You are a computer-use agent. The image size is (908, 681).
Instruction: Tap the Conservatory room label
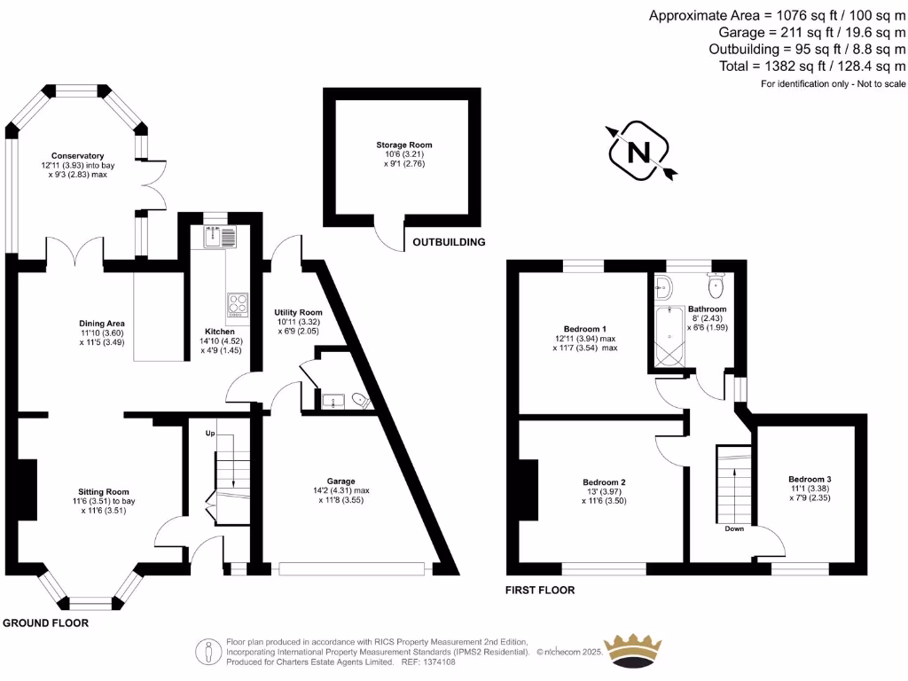coord(78,156)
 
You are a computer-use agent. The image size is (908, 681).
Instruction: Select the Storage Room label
coord(403,145)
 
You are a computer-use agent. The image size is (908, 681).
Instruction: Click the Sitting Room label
coord(105,491)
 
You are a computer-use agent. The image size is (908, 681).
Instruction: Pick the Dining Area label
coord(102,323)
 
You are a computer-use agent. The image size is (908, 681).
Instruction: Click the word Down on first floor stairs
coord(734,528)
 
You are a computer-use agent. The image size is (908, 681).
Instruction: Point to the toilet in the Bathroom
coord(716,286)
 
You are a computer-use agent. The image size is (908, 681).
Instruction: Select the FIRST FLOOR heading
coord(540,590)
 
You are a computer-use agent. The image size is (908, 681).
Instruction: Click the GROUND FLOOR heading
coord(45,623)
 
